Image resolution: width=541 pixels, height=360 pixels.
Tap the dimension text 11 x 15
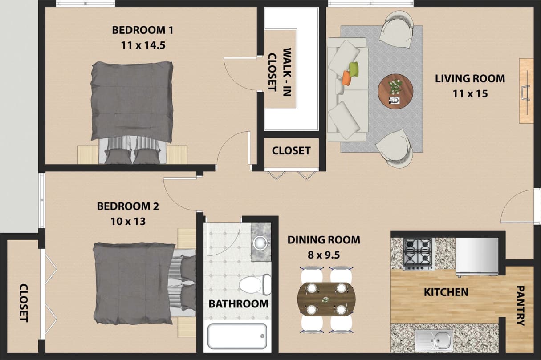pyautogui.click(x=470, y=93)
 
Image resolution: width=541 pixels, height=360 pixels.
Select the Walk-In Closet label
pyautogui.click(x=280, y=69)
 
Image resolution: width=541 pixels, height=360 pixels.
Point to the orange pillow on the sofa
pyautogui.click(x=346, y=78)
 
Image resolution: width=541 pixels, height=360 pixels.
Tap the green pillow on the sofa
pyautogui.click(x=354, y=69)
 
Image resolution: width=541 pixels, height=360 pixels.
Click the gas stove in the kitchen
pyautogui.click(x=418, y=253)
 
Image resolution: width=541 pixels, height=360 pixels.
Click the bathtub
pyautogui.click(x=237, y=336)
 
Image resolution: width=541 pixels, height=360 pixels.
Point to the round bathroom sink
pyautogui.click(x=260, y=243)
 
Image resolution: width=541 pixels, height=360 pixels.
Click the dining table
pyautogui.click(x=326, y=299)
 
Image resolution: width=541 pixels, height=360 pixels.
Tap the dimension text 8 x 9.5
pyautogui.click(x=323, y=255)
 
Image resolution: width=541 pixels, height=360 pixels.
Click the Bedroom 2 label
pyautogui.click(x=128, y=206)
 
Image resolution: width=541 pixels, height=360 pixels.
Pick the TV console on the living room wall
pyautogui.click(x=526, y=91)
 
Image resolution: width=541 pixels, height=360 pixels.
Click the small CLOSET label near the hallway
pyautogui.click(x=291, y=151)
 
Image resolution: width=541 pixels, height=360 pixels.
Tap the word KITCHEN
pyautogui.click(x=446, y=292)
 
